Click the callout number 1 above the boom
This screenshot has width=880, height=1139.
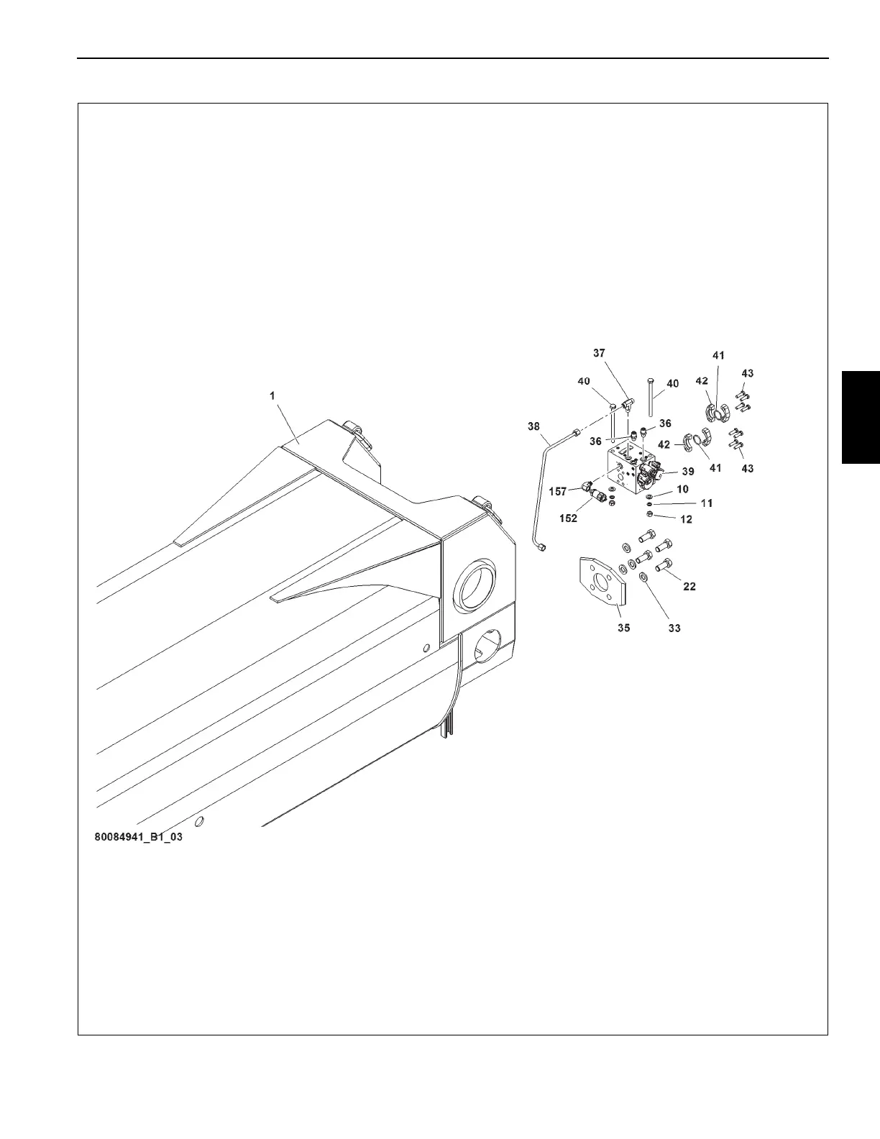tap(272, 395)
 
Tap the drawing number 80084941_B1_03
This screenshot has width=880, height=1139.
tap(138, 838)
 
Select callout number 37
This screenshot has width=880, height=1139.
tap(599, 353)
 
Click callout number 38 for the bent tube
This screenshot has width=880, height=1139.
tap(533, 426)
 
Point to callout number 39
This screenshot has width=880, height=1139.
tap(688, 472)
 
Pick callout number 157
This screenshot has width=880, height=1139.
tap(558, 492)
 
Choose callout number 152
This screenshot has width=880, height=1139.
tap(568, 518)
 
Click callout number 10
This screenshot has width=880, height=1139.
tap(682, 489)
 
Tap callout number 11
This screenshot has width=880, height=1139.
tap(707, 503)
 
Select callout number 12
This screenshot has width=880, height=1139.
tap(687, 519)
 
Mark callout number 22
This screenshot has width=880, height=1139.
tap(689, 587)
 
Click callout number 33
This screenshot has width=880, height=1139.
tap(674, 628)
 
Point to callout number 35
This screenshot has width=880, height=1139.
tap(623, 628)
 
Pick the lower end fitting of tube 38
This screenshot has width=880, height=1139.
tap(541, 548)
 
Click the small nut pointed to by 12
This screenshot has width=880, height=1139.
tap(649, 515)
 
